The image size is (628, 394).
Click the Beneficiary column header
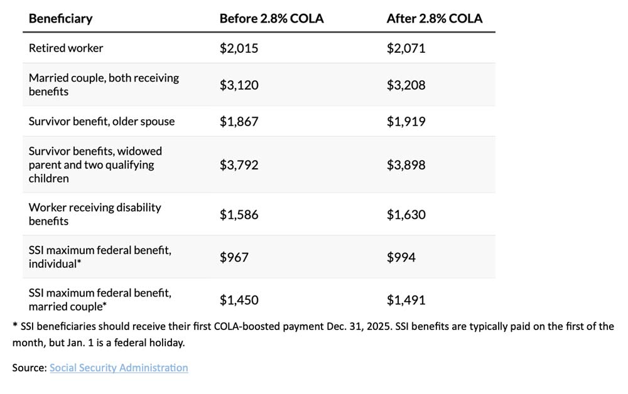pos(60,18)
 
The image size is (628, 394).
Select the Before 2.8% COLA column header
pos(271,18)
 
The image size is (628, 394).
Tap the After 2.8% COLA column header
pos(434,18)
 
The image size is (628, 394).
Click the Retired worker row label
pos(66,48)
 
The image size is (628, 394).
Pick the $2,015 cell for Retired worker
pos(239,48)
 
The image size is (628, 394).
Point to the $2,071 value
pos(406,48)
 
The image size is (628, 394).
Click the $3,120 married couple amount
pos(239,85)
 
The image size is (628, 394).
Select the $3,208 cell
pos(406,85)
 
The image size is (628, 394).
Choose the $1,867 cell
pos(239,122)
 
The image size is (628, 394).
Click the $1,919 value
pos(406,122)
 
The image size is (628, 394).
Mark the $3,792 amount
pos(239,165)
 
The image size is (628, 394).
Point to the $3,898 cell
pos(406,165)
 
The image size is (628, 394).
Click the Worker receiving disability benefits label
pos(95,214)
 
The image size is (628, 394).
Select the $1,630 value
pos(406,215)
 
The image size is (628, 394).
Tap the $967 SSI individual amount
pos(234,257)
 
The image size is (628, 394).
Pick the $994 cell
pos(401,257)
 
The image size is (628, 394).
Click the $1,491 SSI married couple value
pos(406,300)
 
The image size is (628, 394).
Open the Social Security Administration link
pos(119,368)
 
